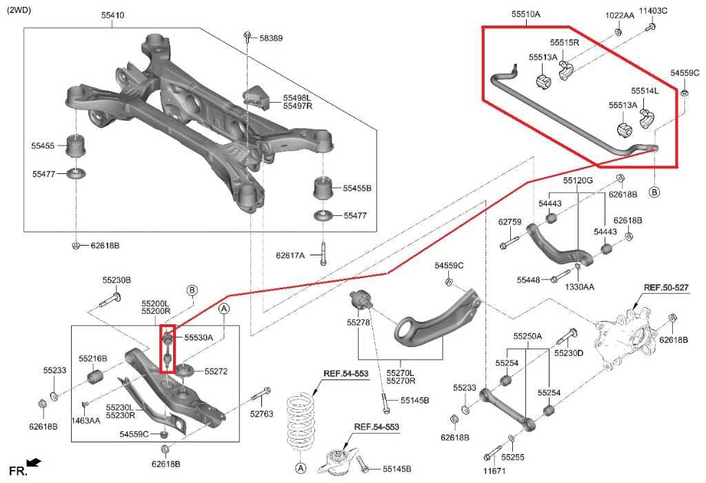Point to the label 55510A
pos(525,14)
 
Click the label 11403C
pos(653,10)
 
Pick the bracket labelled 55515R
pos(567,70)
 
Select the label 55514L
pos(644,91)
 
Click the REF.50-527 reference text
pos(666,287)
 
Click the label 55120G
pos(577,180)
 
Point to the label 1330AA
pos(580,286)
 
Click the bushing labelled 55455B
pos(322,188)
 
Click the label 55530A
pos(199,337)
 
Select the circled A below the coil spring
pos(301,469)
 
